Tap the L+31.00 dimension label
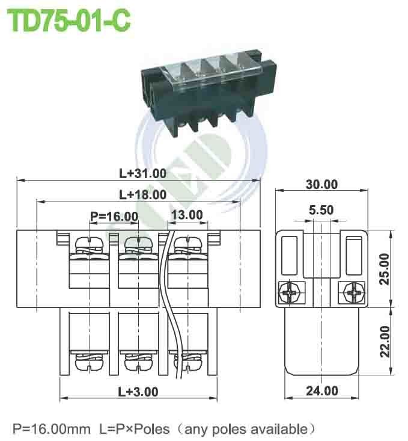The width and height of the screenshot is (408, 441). point(142,173)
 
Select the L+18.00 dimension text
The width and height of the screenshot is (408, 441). point(142,194)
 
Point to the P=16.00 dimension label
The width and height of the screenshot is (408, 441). point(114,216)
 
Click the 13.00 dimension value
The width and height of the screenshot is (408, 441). point(187,215)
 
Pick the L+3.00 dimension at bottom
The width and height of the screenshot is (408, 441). point(138,392)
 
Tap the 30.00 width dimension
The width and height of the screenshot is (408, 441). point(321,185)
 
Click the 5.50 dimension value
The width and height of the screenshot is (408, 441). point(321,211)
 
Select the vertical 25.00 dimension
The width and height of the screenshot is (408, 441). point(385,268)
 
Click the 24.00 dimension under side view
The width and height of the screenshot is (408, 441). point(321,391)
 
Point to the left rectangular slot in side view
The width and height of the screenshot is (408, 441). point(290,253)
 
